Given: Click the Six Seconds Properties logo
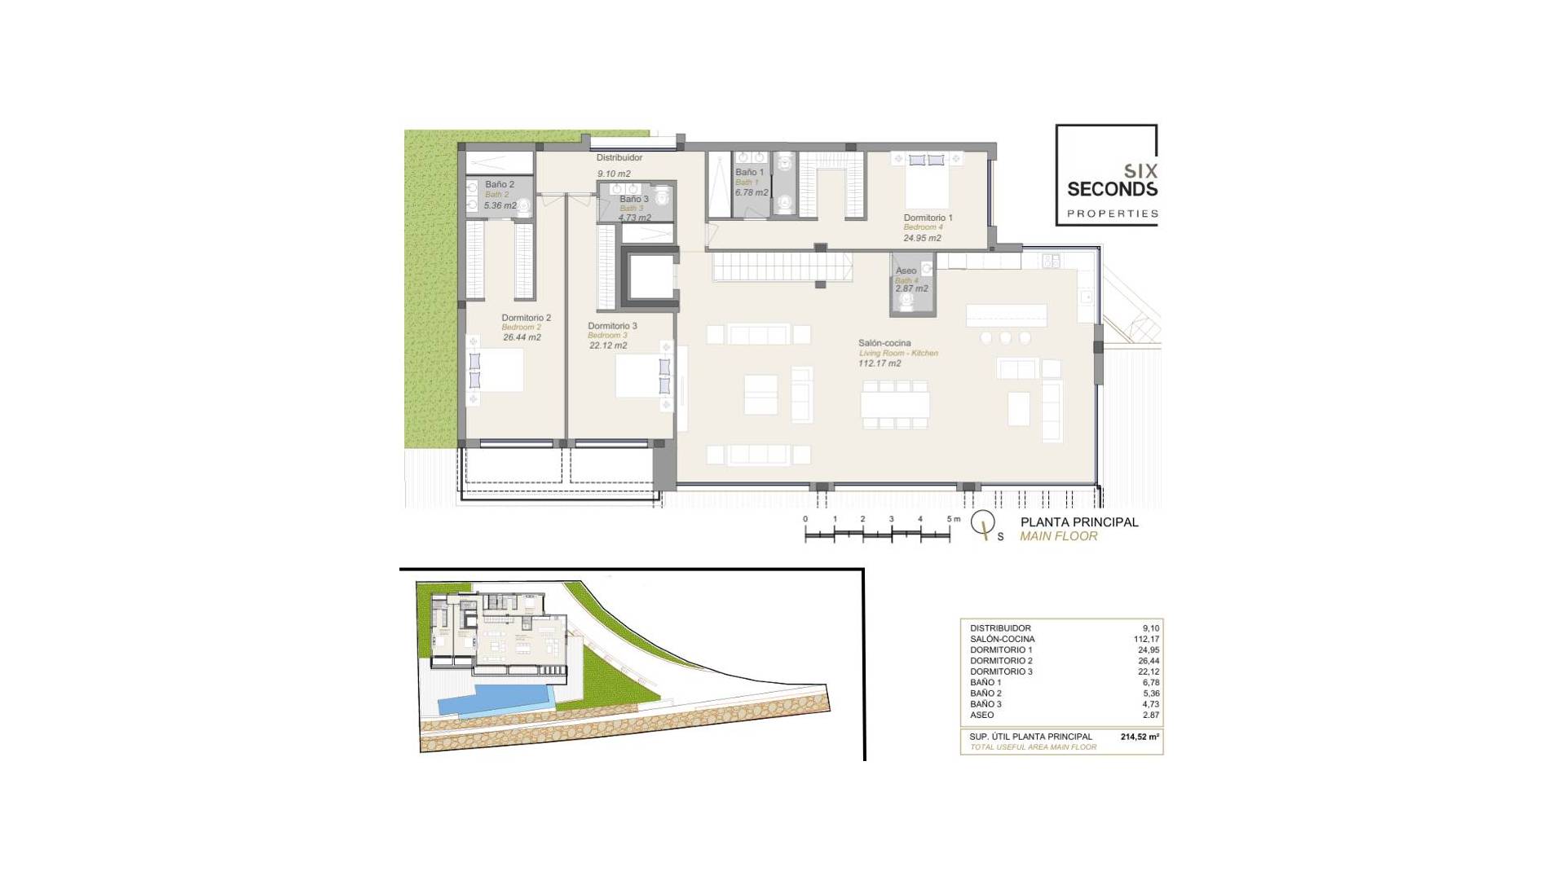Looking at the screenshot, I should pyautogui.click(x=1106, y=175).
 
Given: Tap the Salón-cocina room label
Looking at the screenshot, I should pyautogui.click(x=884, y=343).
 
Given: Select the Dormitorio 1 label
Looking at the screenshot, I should pyautogui.click(x=928, y=218).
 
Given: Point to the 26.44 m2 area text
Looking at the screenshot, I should pyautogui.click(x=522, y=337).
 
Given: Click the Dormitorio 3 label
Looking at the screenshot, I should pyautogui.click(x=612, y=326).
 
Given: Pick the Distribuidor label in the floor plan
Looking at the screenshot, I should pyautogui.click(x=619, y=157).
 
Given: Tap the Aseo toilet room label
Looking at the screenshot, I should pyautogui.click(x=906, y=271).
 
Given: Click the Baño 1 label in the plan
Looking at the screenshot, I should pyautogui.click(x=749, y=173).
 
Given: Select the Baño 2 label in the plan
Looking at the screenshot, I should pyautogui.click(x=499, y=185).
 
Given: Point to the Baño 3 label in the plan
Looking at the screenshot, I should pyautogui.click(x=633, y=199).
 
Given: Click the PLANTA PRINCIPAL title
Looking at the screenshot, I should pyautogui.click(x=1079, y=522).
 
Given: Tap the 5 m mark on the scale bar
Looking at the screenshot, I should pyautogui.click(x=950, y=520).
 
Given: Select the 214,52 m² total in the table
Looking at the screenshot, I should pyautogui.click(x=1140, y=737).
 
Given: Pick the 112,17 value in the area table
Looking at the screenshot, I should pyautogui.click(x=1146, y=639).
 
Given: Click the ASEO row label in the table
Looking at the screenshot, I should pyautogui.click(x=981, y=715).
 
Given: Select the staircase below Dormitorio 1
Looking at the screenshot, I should pyautogui.click(x=782, y=266).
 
